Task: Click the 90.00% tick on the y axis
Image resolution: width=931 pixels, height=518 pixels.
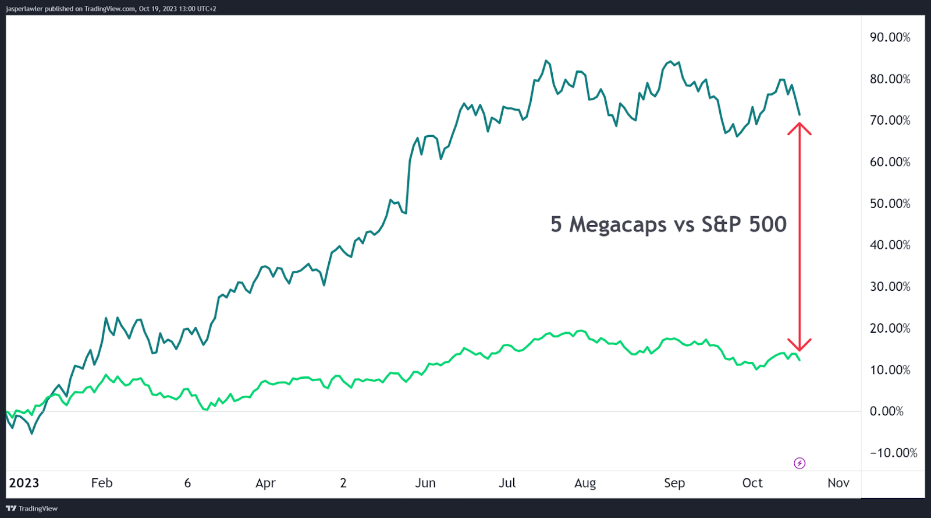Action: click(890, 37)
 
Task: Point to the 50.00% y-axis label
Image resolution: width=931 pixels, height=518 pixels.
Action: click(890, 203)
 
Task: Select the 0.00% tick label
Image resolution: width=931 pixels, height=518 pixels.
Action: click(886, 411)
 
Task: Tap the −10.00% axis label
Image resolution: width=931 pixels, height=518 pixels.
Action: click(893, 453)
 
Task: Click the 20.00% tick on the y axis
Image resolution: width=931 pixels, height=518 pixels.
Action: click(890, 328)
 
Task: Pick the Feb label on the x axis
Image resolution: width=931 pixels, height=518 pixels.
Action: click(102, 482)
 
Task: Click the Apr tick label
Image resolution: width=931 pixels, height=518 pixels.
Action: click(265, 483)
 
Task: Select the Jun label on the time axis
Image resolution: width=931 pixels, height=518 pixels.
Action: click(425, 482)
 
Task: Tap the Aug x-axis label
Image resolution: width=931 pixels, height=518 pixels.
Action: click(585, 483)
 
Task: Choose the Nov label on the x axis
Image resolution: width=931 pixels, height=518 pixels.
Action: click(838, 482)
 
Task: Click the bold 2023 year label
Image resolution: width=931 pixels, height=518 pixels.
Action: click(24, 482)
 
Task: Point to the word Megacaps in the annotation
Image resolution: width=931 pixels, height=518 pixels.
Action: click(617, 224)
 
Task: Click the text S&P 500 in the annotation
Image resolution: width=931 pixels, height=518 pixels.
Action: click(744, 224)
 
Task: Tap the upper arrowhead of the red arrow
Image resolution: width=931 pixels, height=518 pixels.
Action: click(799, 126)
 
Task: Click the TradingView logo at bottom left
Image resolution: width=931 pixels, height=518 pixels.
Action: click(32, 508)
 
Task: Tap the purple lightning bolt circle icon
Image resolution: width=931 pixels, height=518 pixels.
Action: click(799, 463)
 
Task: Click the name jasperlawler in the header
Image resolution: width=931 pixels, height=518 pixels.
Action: click(24, 9)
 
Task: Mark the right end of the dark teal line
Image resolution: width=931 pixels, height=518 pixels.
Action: click(799, 115)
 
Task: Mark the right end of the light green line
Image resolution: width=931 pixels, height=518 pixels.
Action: click(800, 360)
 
